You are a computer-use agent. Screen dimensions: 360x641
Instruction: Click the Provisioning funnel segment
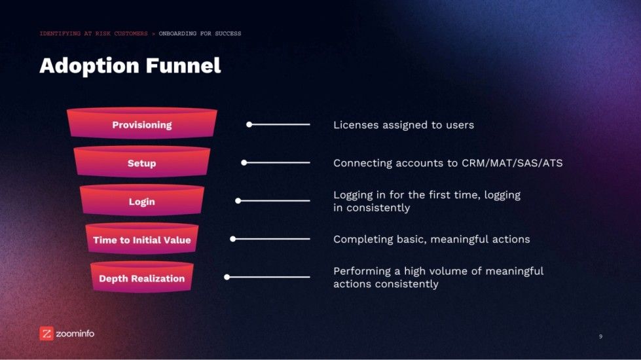coord(141,124)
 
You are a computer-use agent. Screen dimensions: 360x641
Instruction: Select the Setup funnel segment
coord(141,163)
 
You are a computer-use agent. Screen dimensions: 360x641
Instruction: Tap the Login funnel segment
coord(141,201)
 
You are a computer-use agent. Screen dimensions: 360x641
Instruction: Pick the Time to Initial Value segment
coord(141,240)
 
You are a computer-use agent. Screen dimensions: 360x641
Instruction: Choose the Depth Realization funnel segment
coord(141,278)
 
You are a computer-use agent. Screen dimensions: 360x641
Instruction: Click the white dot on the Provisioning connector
coord(249,124)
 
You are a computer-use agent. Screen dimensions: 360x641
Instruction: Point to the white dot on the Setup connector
coord(244,162)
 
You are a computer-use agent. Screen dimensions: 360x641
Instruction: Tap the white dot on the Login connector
coord(238,201)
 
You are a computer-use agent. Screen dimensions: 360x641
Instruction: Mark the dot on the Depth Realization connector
coord(227,277)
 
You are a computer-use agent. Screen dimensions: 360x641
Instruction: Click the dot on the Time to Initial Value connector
coord(232,239)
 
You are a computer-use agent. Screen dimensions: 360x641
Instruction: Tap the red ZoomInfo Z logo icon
coord(46,333)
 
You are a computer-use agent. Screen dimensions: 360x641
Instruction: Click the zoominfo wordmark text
coord(75,334)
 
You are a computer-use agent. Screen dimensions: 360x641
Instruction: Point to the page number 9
coord(600,336)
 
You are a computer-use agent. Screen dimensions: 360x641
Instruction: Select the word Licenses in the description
coord(355,124)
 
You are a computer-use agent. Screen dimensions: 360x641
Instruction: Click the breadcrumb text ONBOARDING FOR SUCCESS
coord(200,33)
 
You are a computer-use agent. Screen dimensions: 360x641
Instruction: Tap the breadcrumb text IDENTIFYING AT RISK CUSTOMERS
coord(94,33)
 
